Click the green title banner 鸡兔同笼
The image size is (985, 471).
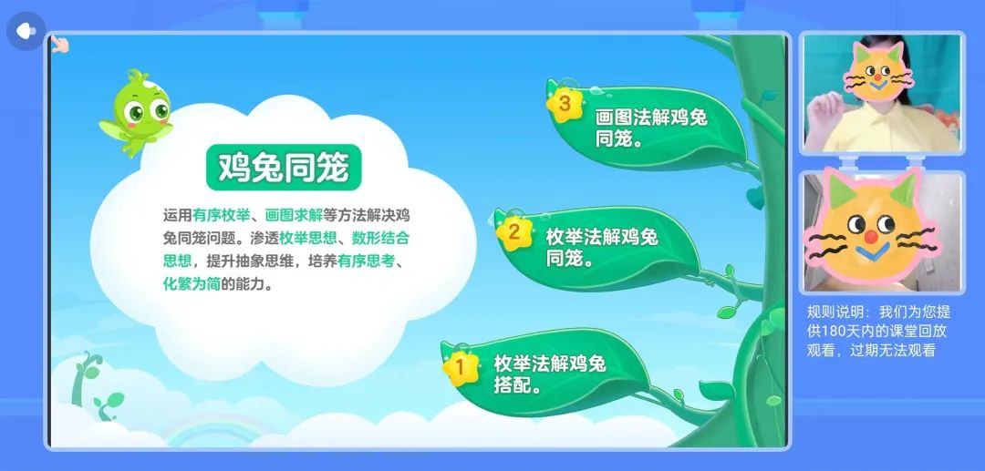click(x=284, y=168)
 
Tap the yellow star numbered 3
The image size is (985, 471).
click(x=564, y=104)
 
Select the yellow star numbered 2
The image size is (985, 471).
click(x=513, y=232)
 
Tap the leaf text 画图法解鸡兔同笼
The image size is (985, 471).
click(x=651, y=128)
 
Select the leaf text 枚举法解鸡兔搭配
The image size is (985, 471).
click(x=550, y=374)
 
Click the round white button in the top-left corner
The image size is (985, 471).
click(x=26, y=31)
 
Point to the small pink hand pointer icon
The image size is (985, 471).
click(x=59, y=44)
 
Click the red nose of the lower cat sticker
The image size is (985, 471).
click(x=871, y=237)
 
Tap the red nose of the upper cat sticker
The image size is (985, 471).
click(x=877, y=77)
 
